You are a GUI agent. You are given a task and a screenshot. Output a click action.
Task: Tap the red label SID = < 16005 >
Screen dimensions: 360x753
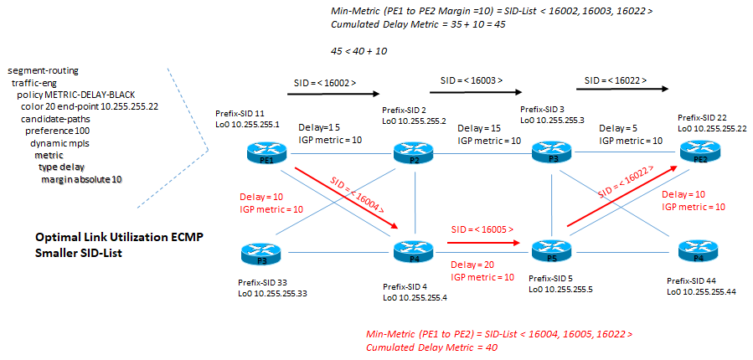[x=482, y=229]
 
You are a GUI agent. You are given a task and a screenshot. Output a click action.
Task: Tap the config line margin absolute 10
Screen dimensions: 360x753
[x=81, y=179]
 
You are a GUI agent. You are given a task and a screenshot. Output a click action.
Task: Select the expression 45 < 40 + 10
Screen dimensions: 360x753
[x=358, y=51]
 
